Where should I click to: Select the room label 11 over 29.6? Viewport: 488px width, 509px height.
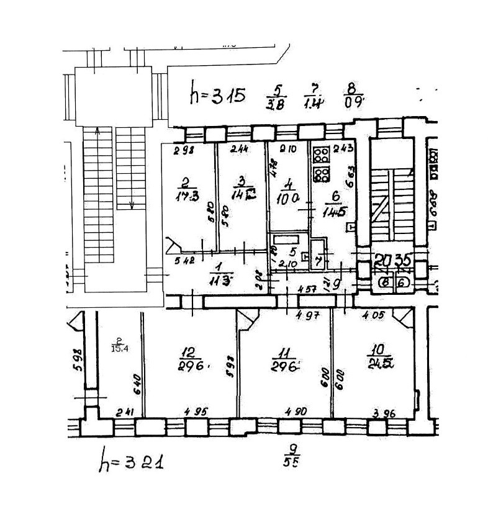(283, 359)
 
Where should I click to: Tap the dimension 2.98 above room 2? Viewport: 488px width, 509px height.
(181, 149)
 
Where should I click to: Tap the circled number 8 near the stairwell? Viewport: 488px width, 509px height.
(386, 282)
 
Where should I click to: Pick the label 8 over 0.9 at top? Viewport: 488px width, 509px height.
(354, 96)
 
